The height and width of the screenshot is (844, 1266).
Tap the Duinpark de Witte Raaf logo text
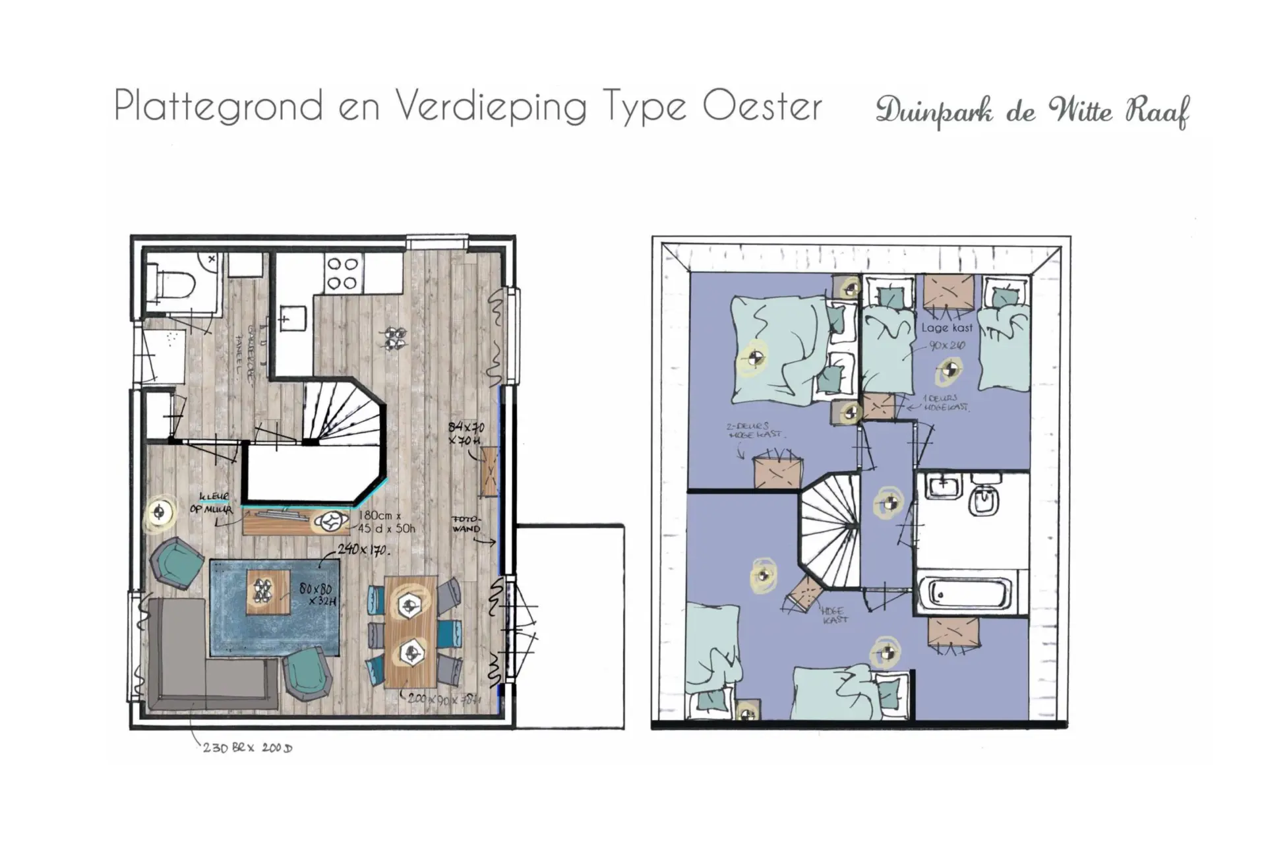click(1032, 111)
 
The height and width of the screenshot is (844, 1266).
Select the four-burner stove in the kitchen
click(342, 274)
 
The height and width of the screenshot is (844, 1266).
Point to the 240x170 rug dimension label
click(363, 549)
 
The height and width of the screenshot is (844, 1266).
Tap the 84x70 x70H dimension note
click(466, 433)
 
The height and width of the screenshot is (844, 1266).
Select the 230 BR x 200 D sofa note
click(247, 748)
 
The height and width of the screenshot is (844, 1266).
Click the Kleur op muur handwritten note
click(212, 503)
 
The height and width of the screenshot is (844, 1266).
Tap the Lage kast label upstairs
click(947, 328)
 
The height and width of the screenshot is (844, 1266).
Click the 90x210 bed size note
click(947, 345)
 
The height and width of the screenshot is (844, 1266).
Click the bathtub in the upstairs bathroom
click(964, 593)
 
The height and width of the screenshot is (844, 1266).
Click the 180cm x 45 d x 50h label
click(386, 522)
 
